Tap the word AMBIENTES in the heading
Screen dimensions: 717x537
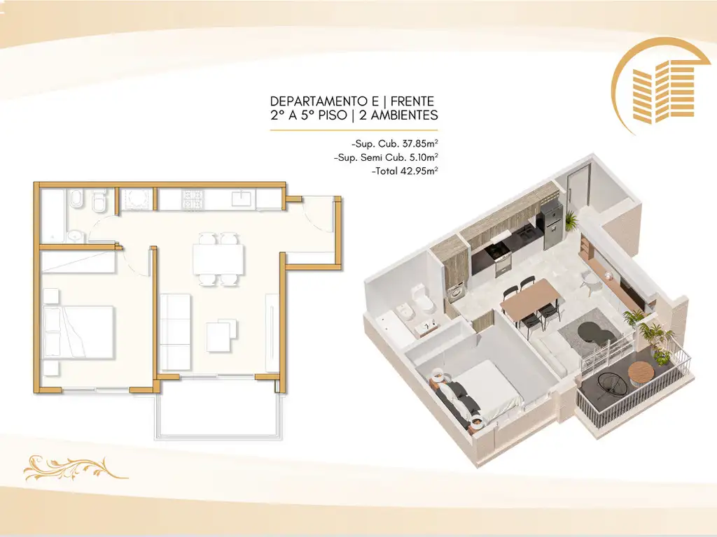[404, 115]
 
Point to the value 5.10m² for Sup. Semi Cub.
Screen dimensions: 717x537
[424, 157]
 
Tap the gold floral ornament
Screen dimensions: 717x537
[76, 468]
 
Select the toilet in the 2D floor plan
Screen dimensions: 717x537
[98, 202]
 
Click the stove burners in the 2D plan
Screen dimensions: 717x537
[193, 199]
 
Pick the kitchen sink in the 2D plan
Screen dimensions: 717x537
[239, 199]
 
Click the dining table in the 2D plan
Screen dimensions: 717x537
[218, 259]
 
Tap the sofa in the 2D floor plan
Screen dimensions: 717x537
[176, 332]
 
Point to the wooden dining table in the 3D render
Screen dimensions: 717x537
[529, 297]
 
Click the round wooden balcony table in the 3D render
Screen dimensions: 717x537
[641, 373]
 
